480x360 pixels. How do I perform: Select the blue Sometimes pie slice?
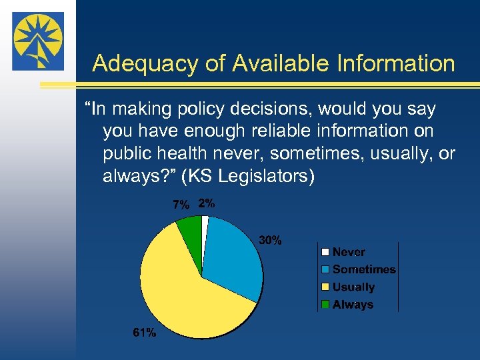coord(230,257)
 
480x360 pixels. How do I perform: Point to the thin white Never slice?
coord(205,227)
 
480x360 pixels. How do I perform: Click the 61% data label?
coord(144,333)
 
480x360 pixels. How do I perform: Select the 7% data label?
coord(181,205)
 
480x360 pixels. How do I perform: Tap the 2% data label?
coord(207,204)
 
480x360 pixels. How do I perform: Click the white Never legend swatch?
coord(325,252)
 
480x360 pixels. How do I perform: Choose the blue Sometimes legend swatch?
coord(325,269)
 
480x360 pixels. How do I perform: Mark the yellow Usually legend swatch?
coord(325,287)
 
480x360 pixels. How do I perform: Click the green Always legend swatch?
coord(325,305)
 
